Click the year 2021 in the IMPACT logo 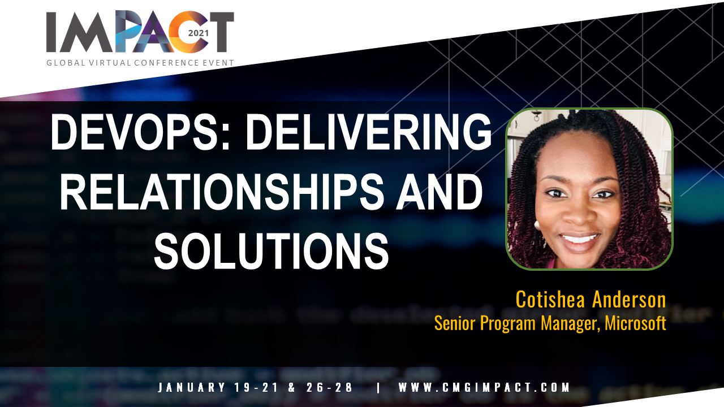coord(199,33)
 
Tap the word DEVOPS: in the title coord(140,132)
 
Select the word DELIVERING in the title coord(369,132)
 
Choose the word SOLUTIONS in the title coord(271,250)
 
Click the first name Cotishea coord(550,300)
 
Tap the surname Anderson coord(629,300)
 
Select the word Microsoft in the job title coord(635,323)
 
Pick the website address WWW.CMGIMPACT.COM coord(484,387)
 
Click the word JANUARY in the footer coord(191,387)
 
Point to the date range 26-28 coord(329,387)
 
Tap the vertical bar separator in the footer coord(378,387)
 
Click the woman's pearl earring coord(537,225)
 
